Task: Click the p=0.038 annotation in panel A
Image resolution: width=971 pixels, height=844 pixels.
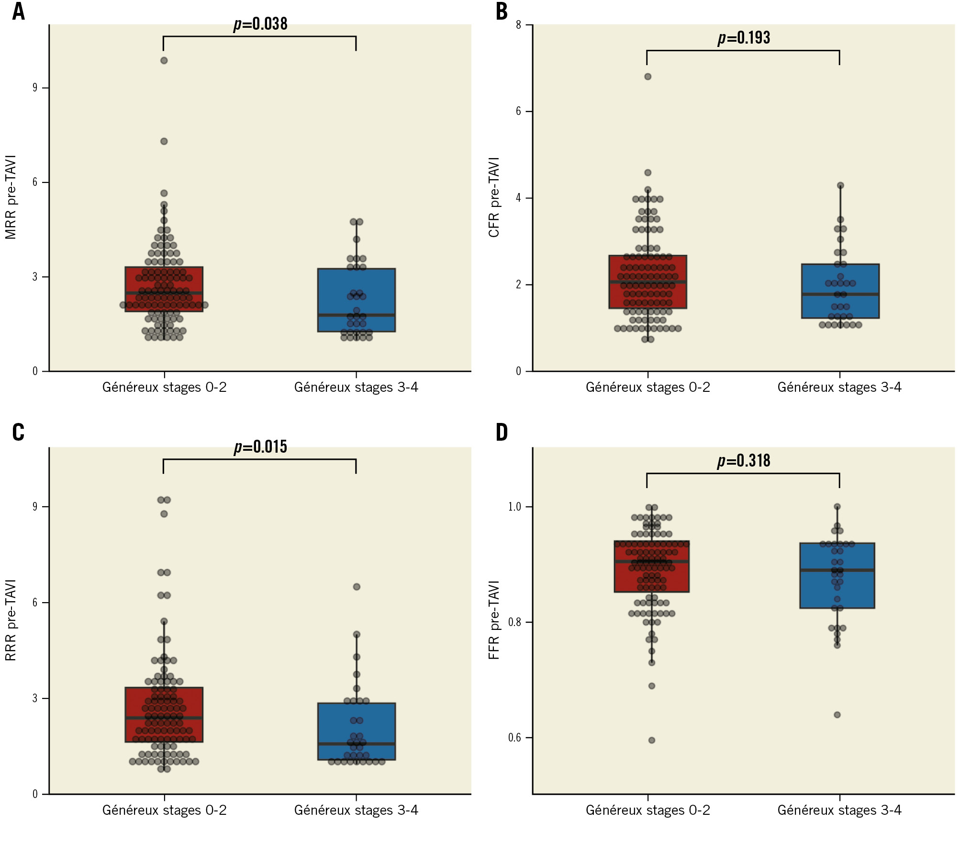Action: [x=260, y=24]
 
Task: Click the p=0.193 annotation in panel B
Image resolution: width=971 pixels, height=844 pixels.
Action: [x=744, y=38]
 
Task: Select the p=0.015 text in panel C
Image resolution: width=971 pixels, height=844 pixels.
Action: [x=260, y=447]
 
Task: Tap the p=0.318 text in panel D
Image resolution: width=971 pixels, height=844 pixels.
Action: [x=744, y=461]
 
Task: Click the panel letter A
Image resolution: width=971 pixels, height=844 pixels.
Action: [x=18, y=11]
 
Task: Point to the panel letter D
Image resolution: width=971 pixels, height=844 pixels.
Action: [x=502, y=433]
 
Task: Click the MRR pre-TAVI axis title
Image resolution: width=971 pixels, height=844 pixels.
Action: [x=11, y=197]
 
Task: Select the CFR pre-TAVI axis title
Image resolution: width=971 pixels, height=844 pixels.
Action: [x=494, y=197]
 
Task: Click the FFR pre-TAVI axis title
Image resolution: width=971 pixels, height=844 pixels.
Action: [x=494, y=620]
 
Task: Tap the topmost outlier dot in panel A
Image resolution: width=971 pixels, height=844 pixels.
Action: [x=164, y=60]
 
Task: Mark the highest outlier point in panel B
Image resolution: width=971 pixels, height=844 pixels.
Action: [x=647, y=77]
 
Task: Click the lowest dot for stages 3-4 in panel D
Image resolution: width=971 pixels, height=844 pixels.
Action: [x=837, y=715]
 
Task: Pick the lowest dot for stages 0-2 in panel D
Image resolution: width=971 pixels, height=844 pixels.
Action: [x=651, y=740]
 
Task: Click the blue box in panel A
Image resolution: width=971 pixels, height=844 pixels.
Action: [x=356, y=300]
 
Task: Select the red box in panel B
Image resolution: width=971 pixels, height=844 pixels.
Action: [x=647, y=282]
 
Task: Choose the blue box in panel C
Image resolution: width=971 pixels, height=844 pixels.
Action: [x=356, y=731]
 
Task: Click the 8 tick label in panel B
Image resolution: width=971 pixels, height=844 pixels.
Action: [x=518, y=25]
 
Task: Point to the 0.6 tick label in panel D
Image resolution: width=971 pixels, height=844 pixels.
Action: [x=514, y=738]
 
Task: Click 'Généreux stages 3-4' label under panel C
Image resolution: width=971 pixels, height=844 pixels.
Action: [x=356, y=810]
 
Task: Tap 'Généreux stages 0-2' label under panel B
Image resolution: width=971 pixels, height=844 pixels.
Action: [x=647, y=387]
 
